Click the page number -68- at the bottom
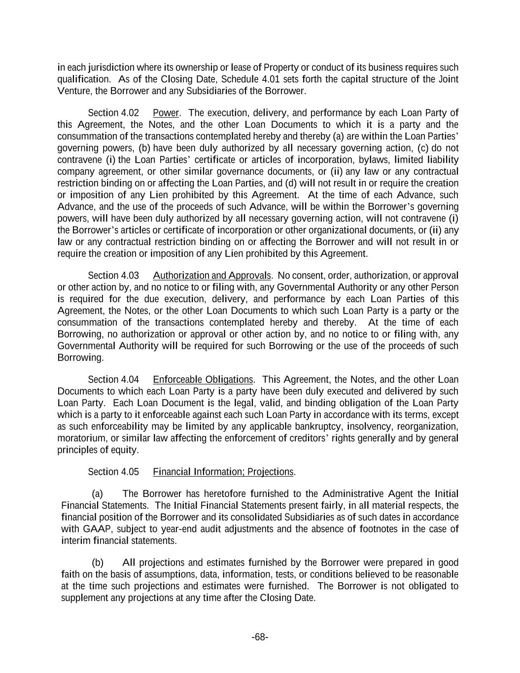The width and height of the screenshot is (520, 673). pos(260,638)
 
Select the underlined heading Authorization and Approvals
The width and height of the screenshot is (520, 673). pos(212,275)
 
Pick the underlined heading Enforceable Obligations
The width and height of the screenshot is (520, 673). pos(203,380)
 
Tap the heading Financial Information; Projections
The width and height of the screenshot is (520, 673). pos(223,472)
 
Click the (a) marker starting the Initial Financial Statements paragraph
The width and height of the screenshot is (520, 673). pos(97,494)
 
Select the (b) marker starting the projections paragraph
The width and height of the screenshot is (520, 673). pos(98,563)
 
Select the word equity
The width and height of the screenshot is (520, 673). pos(125,450)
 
